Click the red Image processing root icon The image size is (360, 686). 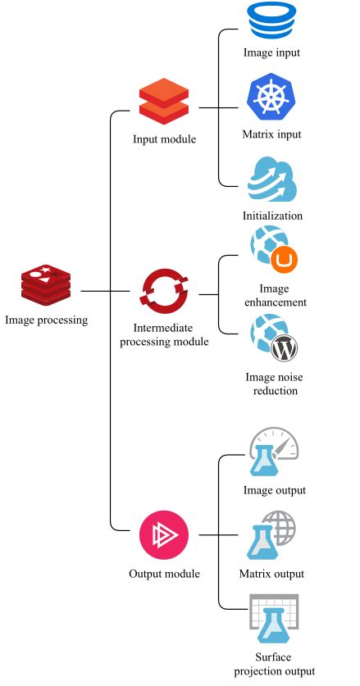tap(46, 286)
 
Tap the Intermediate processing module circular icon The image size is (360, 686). tap(164, 291)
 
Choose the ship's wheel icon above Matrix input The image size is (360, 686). tap(272, 98)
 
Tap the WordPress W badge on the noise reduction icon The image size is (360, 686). tap(284, 348)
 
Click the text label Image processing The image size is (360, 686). tap(46, 320)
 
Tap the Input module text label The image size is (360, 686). tap(164, 139)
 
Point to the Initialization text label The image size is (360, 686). tap(272, 216)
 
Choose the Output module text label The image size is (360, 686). tap(164, 573)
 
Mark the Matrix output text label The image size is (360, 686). tap(271, 574)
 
